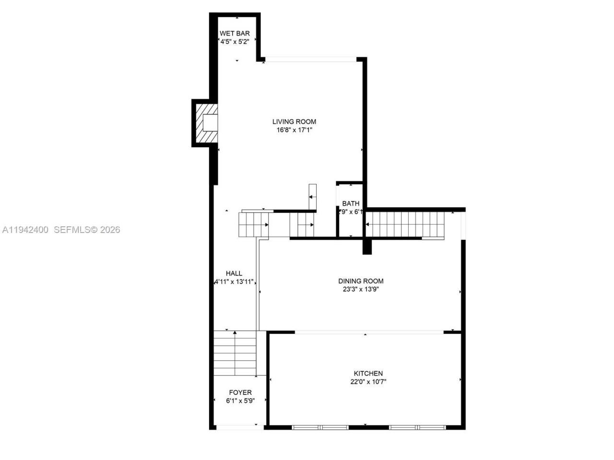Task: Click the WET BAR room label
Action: click(235, 34)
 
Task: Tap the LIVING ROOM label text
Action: click(294, 122)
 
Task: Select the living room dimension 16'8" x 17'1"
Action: click(294, 130)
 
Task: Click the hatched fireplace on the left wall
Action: click(205, 123)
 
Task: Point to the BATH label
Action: click(351, 203)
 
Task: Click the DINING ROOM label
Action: click(361, 281)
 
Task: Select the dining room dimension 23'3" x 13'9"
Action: click(361, 289)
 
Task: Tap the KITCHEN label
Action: click(368, 373)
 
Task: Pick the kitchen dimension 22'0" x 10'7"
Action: click(368, 382)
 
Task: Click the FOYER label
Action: click(240, 392)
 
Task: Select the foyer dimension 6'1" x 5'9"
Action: click(240, 401)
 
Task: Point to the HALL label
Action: click(234, 273)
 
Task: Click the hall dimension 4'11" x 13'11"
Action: click(234, 282)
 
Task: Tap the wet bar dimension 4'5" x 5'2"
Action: click(235, 42)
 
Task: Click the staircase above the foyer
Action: click(235, 353)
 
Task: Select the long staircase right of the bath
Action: click(405, 224)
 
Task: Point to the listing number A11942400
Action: click(25, 230)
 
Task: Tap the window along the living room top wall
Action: click(311, 59)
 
